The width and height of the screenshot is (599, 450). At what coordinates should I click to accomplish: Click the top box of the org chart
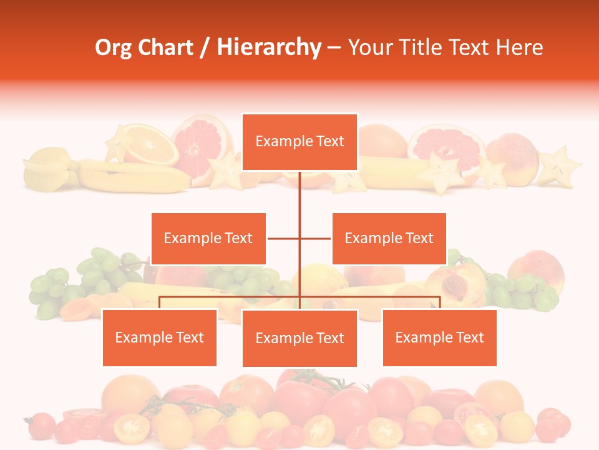coord(299,142)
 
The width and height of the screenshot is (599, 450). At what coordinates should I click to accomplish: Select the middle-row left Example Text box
coord(208,238)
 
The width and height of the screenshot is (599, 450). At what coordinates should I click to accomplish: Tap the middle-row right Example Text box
coord(389,238)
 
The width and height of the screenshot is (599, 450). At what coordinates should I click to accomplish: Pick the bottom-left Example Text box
coord(159,337)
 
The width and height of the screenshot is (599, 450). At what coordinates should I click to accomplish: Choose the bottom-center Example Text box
coord(299,338)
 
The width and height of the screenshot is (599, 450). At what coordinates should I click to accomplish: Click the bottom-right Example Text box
coord(439,337)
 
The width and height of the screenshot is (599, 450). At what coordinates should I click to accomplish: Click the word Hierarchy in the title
coord(269,47)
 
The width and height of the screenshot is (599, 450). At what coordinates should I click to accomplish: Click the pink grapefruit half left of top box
coord(197,147)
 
